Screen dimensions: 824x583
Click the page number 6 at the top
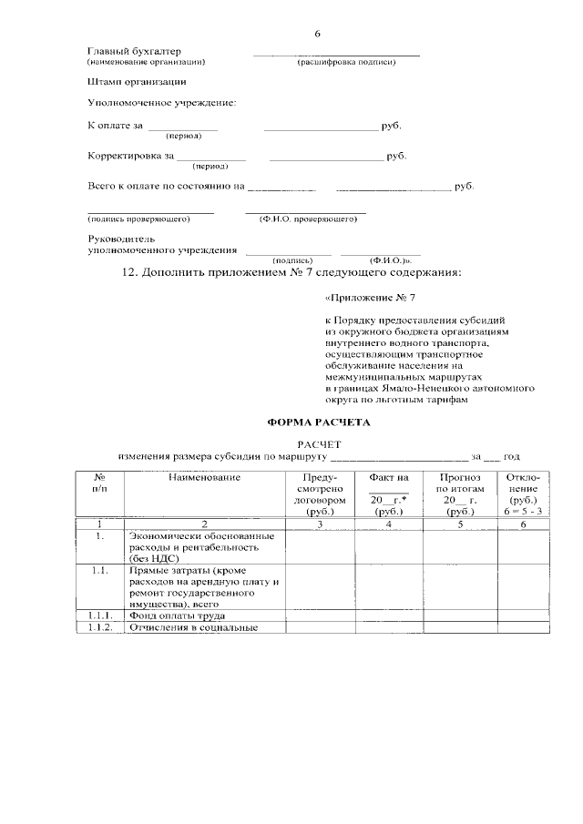click(x=317, y=34)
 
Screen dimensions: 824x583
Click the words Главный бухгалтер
click(x=134, y=51)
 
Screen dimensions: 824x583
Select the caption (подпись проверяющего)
click(x=138, y=219)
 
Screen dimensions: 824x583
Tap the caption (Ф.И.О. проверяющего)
click(x=306, y=219)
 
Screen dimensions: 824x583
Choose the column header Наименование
click(x=204, y=477)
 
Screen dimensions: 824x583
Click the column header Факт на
click(x=389, y=477)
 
